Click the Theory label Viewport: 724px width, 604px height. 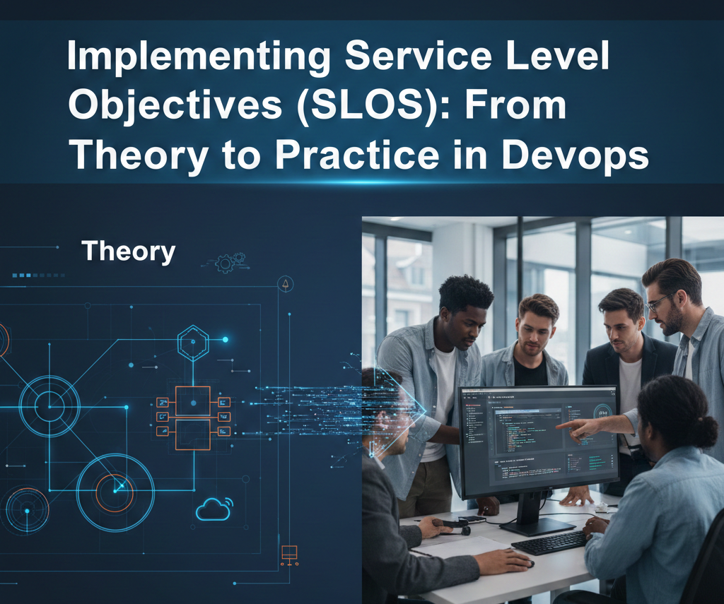tap(128, 251)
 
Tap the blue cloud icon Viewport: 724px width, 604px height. tap(214, 509)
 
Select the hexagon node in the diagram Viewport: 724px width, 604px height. tap(192, 343)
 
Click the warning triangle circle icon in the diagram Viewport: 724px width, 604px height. tap(286, 284)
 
